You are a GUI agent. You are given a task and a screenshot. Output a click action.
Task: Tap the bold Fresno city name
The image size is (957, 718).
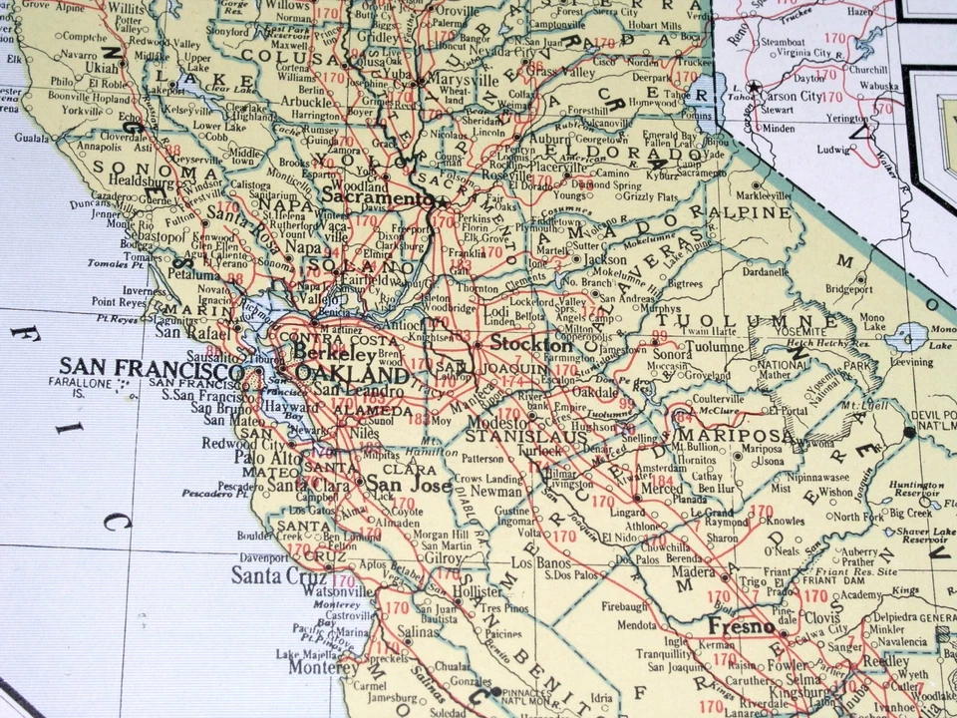click(742, 626)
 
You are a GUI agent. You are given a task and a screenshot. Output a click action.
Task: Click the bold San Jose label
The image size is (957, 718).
click(396, 485)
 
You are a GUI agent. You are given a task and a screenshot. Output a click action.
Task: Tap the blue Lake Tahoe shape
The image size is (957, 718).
click(704, 92)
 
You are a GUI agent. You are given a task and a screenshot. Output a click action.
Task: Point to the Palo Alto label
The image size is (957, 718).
click(260, 457)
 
